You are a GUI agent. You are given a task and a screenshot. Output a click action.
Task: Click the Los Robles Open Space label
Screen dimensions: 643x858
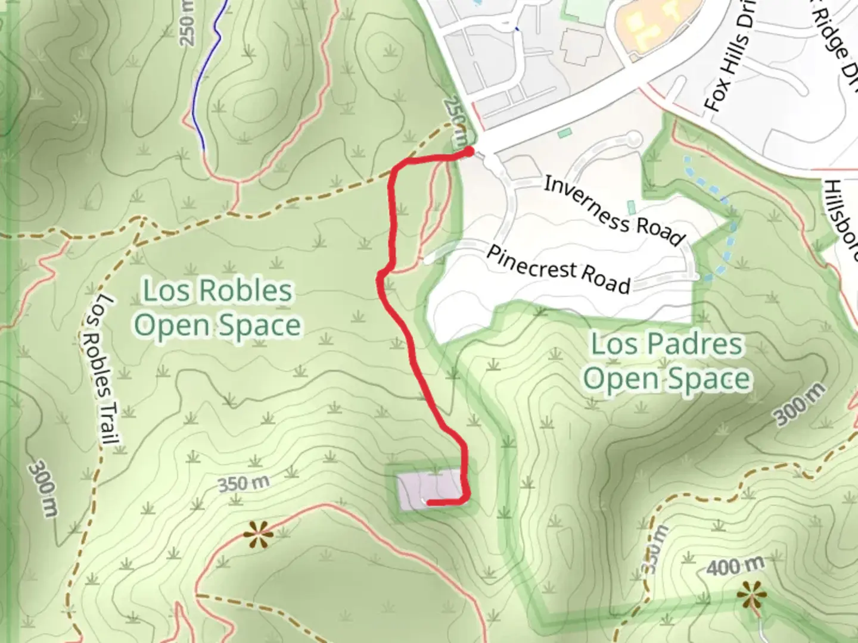click(217, 308)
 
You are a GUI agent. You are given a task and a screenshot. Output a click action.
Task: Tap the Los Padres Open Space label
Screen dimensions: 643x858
click(666, 361)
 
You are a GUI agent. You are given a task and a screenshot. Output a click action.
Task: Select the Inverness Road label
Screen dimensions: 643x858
click(614, 211)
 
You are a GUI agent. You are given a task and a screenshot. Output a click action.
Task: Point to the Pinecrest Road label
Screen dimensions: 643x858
click(558, 270)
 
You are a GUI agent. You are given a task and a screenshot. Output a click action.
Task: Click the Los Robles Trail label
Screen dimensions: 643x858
click(98, 370)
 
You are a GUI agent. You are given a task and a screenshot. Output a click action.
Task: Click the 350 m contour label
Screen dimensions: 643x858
click(243, 483)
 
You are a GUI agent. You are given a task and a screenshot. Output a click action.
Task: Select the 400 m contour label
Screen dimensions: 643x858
click(735, 566)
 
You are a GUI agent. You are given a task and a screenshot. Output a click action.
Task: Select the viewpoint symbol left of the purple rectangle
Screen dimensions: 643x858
click(259, 534)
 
